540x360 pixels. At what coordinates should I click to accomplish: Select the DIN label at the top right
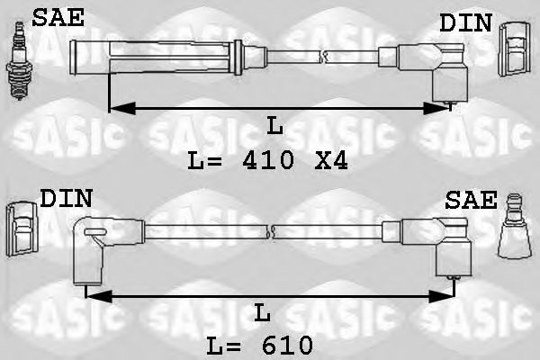pos(465,23)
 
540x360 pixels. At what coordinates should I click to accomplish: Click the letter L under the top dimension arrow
pos(274,127)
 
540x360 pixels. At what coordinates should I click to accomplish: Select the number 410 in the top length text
pos(268,162)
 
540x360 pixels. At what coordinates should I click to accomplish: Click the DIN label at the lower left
pos(66,198)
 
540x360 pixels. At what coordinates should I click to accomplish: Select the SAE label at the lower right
pos(471,200)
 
